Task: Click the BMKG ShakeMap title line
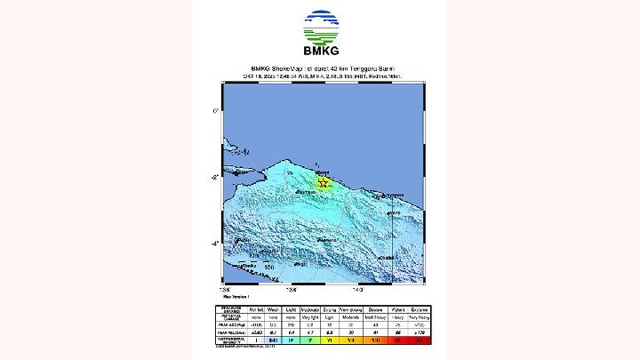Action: pos(321,69)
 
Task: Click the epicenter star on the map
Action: pos(324,183)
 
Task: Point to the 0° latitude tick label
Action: pos(214,111)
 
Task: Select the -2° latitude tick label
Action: pos(213,178)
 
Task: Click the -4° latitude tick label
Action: pos(213,244)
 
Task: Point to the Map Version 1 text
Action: pos(235,295)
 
